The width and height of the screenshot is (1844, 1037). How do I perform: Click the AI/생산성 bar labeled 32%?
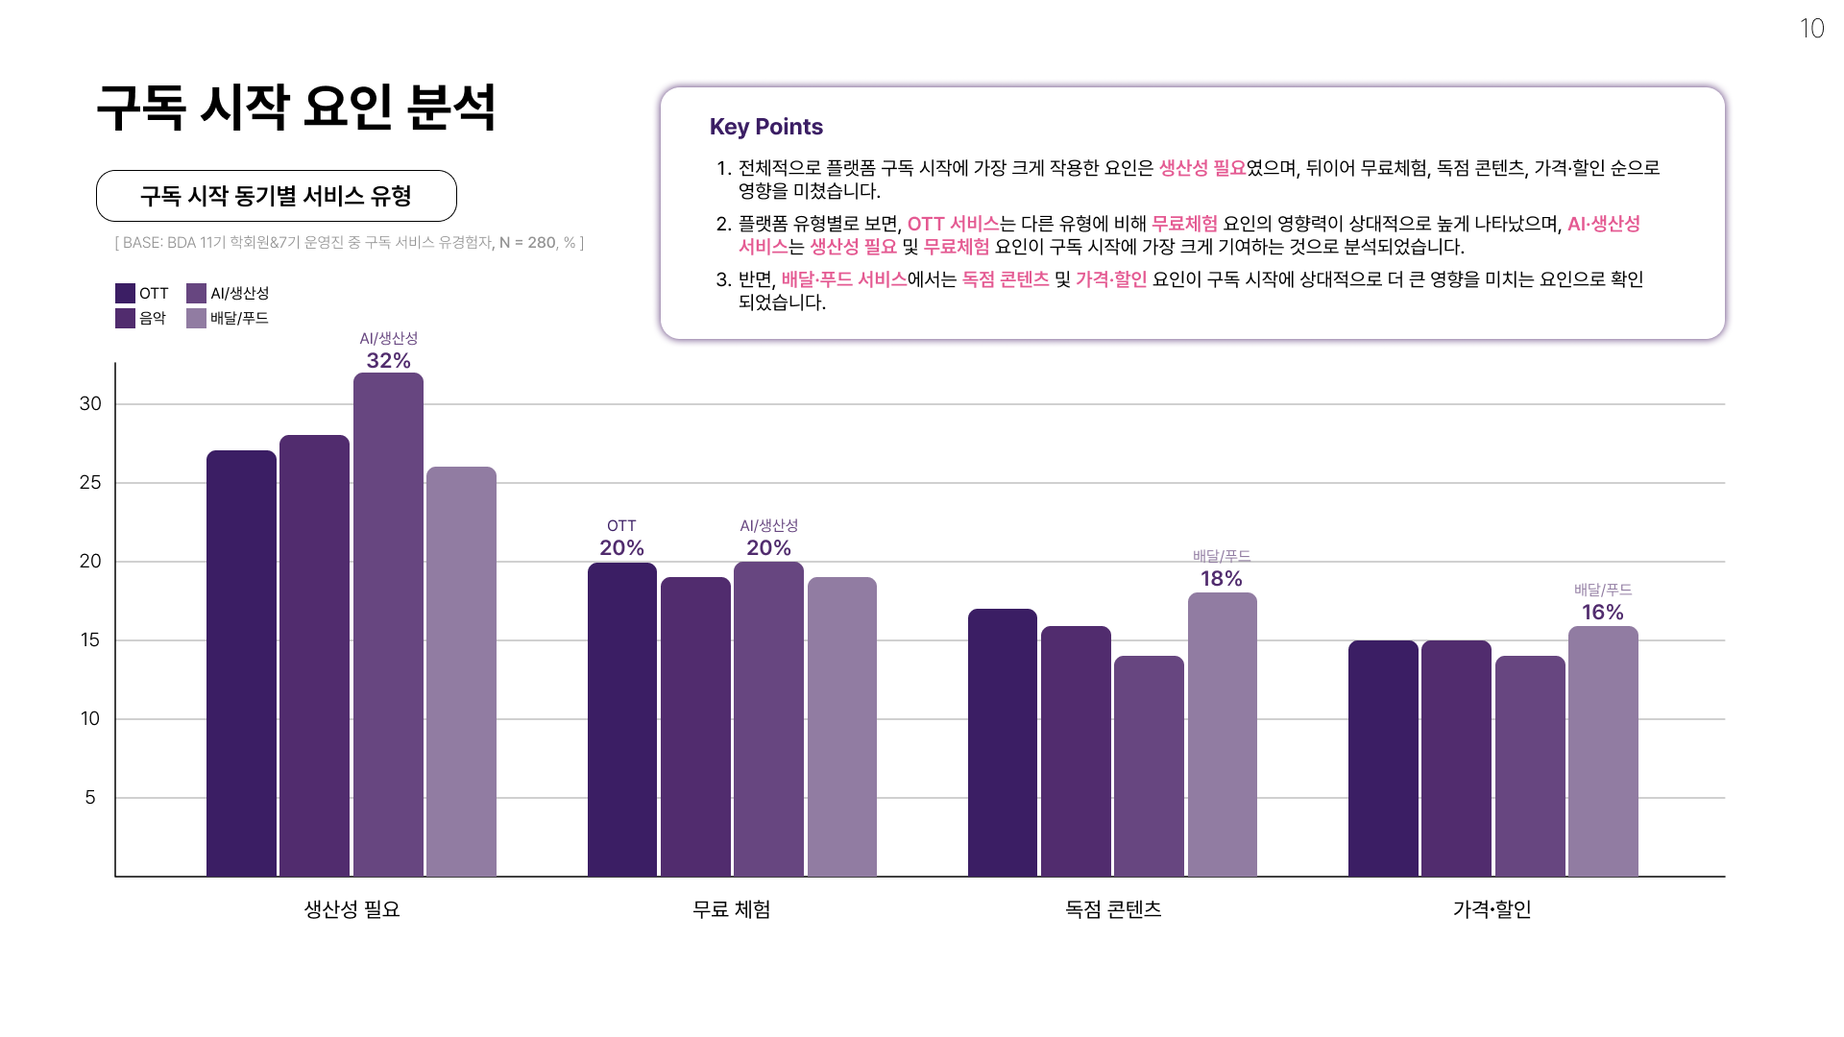388,624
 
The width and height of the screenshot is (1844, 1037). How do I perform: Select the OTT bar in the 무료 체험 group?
621,720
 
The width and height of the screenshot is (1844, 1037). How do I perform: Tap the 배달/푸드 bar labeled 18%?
1222,735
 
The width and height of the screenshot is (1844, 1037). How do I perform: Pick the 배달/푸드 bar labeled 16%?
1602,751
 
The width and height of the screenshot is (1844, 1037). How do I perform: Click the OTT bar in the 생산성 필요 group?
241,663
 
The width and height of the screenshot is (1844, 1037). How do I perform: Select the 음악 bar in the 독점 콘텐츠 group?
1076,751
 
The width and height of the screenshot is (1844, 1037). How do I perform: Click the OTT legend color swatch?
125,293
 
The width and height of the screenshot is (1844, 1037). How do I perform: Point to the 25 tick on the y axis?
90,483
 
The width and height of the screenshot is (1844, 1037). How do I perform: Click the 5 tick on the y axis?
90,798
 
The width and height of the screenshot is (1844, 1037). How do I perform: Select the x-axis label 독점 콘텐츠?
1112,909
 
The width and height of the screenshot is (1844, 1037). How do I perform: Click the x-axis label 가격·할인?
1492,909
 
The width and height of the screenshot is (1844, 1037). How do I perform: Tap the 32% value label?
388,361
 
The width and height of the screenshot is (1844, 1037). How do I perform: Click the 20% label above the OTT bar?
621,548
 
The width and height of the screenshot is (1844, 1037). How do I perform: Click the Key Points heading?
765,127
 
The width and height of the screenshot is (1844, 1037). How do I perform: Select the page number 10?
1811,29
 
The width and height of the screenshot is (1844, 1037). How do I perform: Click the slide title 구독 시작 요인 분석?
296,107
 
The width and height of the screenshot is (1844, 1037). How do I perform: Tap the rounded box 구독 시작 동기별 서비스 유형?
276,196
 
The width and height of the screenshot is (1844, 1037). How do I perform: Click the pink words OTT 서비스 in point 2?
953,224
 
